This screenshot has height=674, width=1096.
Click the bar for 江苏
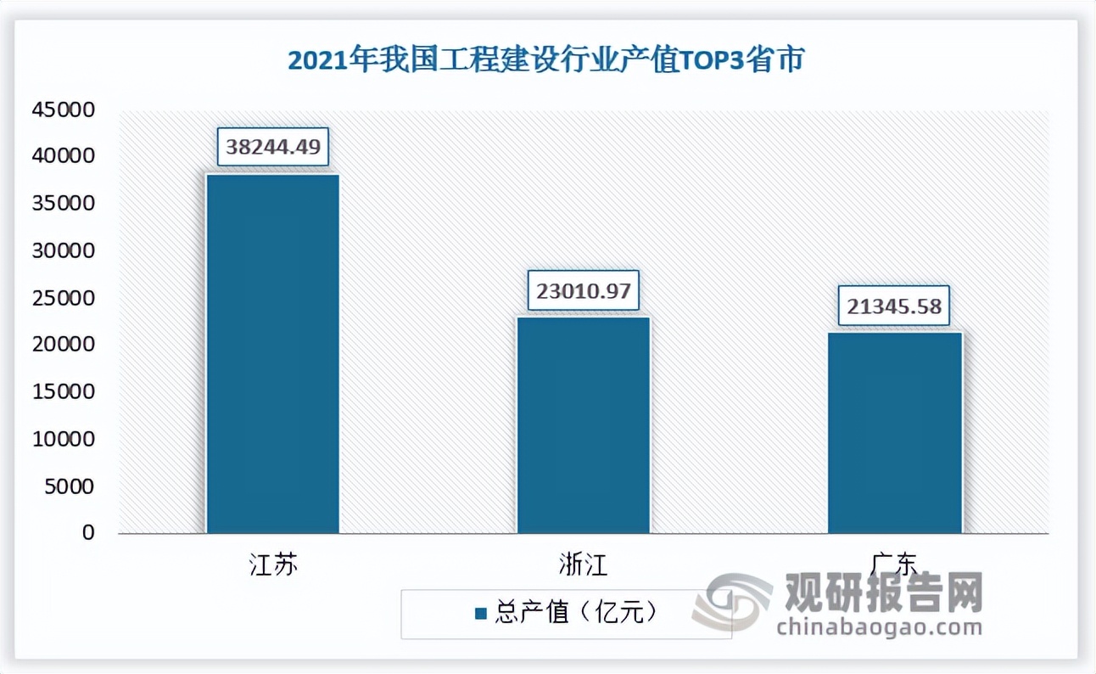(x=273, y=353)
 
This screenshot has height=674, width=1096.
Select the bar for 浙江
(x=584, y=424)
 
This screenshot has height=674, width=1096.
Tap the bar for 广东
(x=894, y=432)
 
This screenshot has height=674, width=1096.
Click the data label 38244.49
(x=273, y=146)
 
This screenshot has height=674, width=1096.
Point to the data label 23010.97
(x=583, y=290)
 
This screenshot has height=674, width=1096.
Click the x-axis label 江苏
(x=273, y=565)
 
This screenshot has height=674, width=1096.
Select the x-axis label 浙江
(x=584, y=565)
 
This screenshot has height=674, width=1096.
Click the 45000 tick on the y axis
(x=64, y=110)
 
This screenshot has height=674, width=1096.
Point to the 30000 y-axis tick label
(x=64, y=251)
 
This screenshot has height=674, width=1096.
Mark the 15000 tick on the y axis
(x=64, y=392)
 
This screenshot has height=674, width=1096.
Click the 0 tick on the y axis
(x=88, y=533)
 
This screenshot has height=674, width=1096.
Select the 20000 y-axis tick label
(x=64, y=345)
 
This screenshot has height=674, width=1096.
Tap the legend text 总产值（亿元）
(x=577, y=613)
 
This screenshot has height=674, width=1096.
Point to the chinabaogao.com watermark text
(x=879, y=627)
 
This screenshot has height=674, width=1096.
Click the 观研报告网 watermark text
(x=883, y=591)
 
